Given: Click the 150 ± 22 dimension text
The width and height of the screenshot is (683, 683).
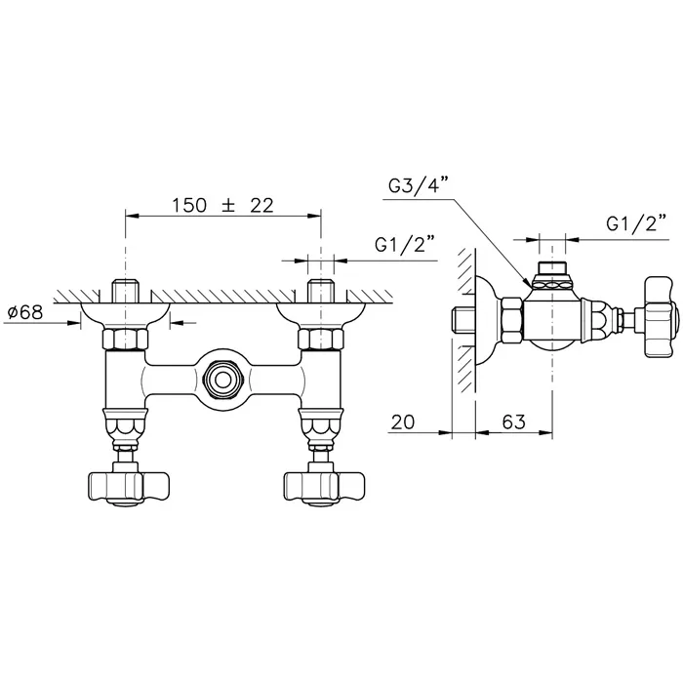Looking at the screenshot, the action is coord(222,206).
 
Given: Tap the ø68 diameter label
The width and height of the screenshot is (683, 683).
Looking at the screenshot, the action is coord(25,312).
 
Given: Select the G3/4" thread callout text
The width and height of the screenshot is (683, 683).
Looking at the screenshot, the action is coord(419,184).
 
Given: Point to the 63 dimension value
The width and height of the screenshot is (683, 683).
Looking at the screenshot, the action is coord(514,422).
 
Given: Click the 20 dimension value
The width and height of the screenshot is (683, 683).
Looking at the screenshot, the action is coord(403,422).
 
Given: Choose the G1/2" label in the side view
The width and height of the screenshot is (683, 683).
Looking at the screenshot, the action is coord(636,223).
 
